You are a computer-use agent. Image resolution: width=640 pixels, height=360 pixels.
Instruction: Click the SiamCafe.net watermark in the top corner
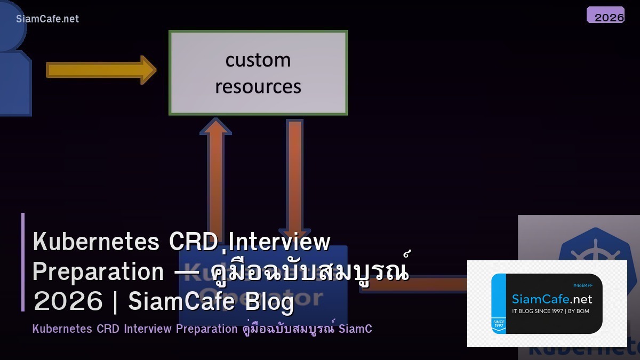[x=47, y=19]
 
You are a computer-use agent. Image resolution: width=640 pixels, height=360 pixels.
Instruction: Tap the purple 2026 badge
[x=606, y=15]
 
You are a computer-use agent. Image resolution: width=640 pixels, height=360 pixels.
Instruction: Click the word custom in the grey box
[x=258, y=60]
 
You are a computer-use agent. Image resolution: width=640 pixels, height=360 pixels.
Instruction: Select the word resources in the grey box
[x=258, y=86]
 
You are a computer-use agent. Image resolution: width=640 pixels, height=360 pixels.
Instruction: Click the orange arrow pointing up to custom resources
[x=215, y=171]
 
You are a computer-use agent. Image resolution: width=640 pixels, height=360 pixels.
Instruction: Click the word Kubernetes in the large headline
[x=96, y=242]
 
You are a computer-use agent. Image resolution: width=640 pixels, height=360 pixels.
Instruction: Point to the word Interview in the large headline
[x=279, y=242]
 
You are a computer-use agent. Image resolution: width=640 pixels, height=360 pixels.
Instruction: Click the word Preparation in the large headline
[x=98, y=272]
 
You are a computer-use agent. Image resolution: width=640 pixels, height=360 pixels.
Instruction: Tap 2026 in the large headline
[x=68, y=302]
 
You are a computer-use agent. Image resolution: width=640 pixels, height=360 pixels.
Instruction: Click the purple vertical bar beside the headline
[x=23, y=262]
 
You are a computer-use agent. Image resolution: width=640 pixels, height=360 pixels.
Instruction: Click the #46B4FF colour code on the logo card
[x=582, y=285]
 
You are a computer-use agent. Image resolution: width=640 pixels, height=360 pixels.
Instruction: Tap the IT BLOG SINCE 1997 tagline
[x=550, y=311]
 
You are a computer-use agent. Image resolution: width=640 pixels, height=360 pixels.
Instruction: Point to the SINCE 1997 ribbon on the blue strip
[x=499, y=325]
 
